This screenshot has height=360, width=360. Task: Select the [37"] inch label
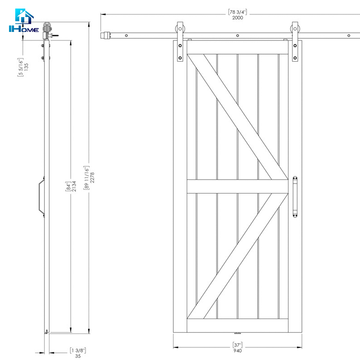237,346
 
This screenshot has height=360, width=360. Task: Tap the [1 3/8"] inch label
78,349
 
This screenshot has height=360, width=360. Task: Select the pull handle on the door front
295,197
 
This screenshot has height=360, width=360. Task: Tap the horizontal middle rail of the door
237,186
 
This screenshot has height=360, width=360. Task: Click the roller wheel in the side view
47,27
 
